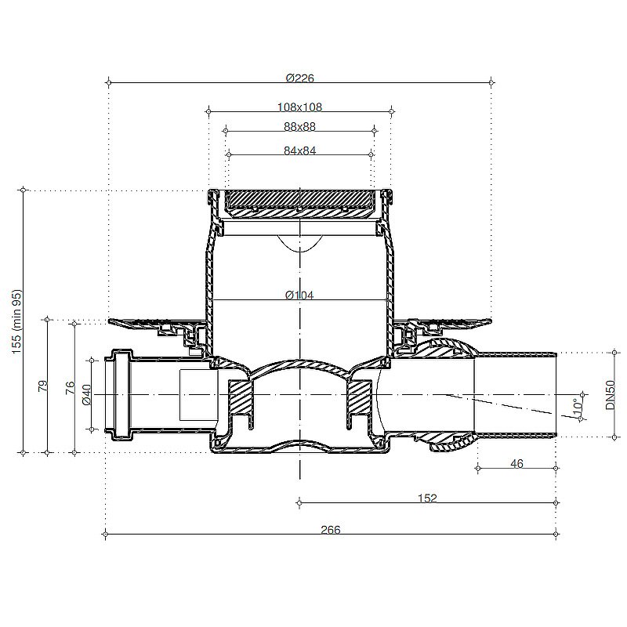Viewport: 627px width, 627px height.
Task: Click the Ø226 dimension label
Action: click(300, 78)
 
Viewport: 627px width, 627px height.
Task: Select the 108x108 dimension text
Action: click(299, 107)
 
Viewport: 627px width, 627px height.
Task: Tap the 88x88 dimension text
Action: click(300, 126)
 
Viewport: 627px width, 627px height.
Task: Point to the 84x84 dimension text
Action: click(300, 150)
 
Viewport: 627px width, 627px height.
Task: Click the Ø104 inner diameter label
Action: click(299, 295)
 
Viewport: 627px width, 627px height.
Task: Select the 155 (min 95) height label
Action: click(16, 321)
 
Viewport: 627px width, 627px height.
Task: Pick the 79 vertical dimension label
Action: click(42, 386)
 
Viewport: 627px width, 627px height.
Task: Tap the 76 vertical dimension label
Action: click(70, 387)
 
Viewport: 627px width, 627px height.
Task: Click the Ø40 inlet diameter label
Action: click(86, 395)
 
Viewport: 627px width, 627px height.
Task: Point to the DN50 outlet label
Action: click(611, 395)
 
